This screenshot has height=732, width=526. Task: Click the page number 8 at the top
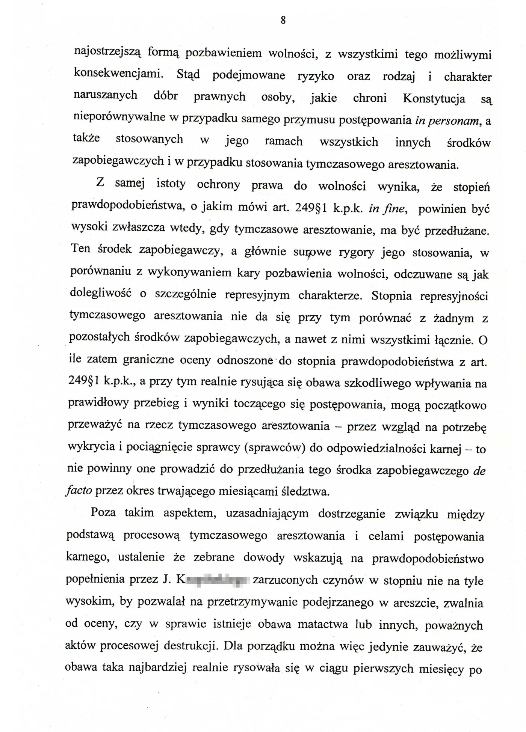coord(283,20)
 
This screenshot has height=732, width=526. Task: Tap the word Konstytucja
coord(434,98)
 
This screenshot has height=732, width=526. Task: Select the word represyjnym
coord(257,295)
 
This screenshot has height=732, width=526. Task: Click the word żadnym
coord(453,318)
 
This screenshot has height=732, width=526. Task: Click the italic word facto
coord(79,491)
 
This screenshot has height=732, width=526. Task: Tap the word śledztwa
coord(305,492)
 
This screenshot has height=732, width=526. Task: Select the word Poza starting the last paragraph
coord(103,513)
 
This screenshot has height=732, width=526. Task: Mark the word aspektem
coord(189,513)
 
